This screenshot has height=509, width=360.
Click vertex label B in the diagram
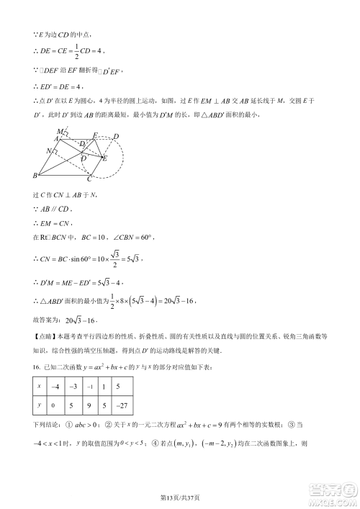point(35,176)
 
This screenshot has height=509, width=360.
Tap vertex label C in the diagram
point(89,180)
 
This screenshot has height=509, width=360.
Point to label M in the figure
point(59,131)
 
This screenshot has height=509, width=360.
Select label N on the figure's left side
point(48,152)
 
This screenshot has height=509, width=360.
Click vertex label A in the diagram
point(55,138)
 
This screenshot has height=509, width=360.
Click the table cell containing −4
point(56,387)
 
